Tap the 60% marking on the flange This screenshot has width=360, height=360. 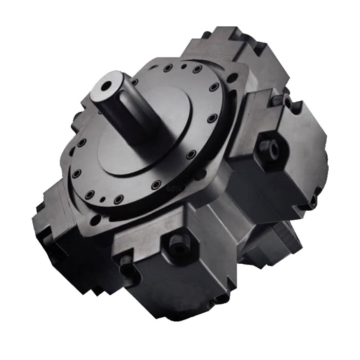174,189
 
